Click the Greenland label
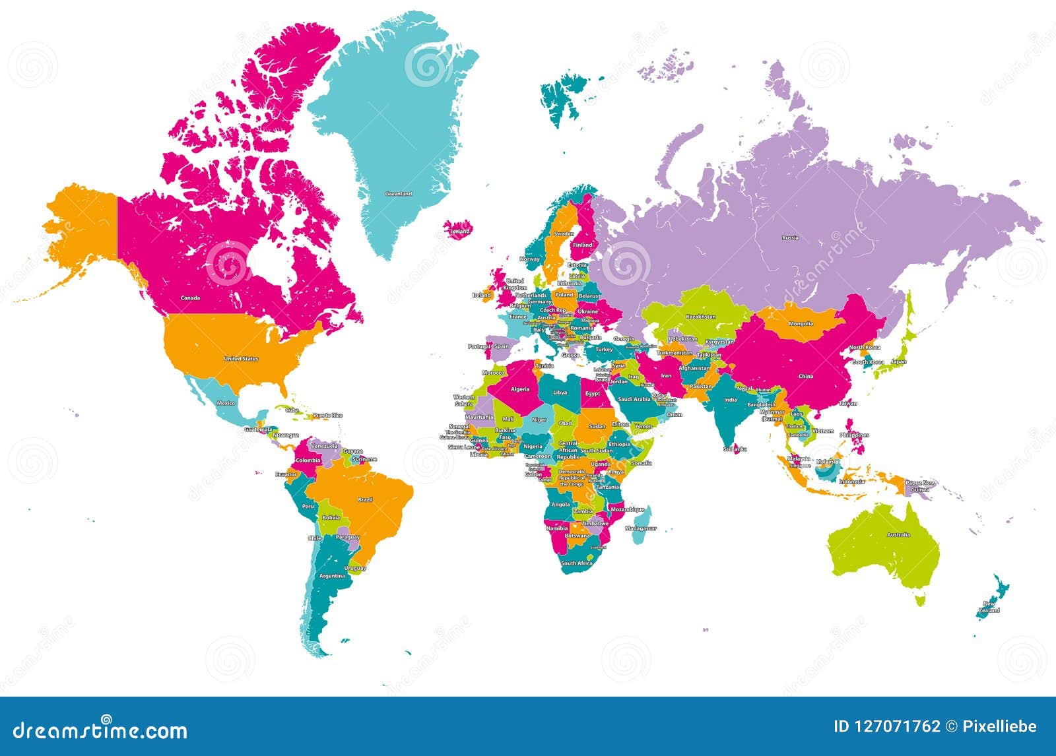coord(399,194)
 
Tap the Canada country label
coord(190,298)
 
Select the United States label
coord(241,359)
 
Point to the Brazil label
coord(365,500)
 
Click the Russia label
coord(790,237)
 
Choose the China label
coord(806,377)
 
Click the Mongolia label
coord(801,324)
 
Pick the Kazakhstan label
coord(700,317)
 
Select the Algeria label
coord(519,389)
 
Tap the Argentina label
coord(332,576)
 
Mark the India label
coord(730,400)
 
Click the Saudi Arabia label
coord(634,399)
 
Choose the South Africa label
coord(577,563)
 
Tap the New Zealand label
coord(990,607)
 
